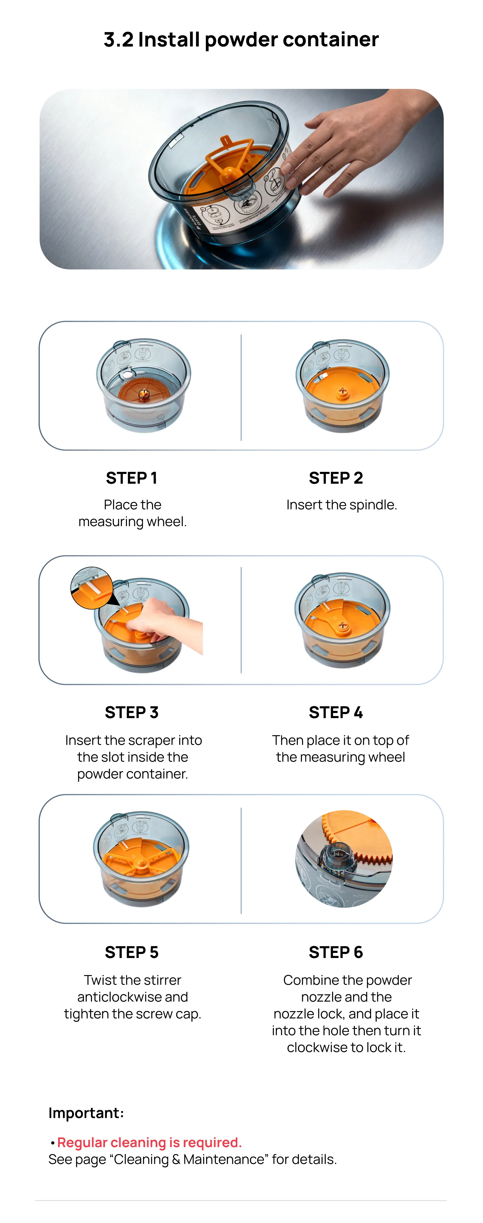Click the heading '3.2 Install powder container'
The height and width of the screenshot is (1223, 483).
coord(241,39)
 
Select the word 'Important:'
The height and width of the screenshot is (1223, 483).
coord(86,1113)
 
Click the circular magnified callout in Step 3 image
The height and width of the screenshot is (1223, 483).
coord(92,588)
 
